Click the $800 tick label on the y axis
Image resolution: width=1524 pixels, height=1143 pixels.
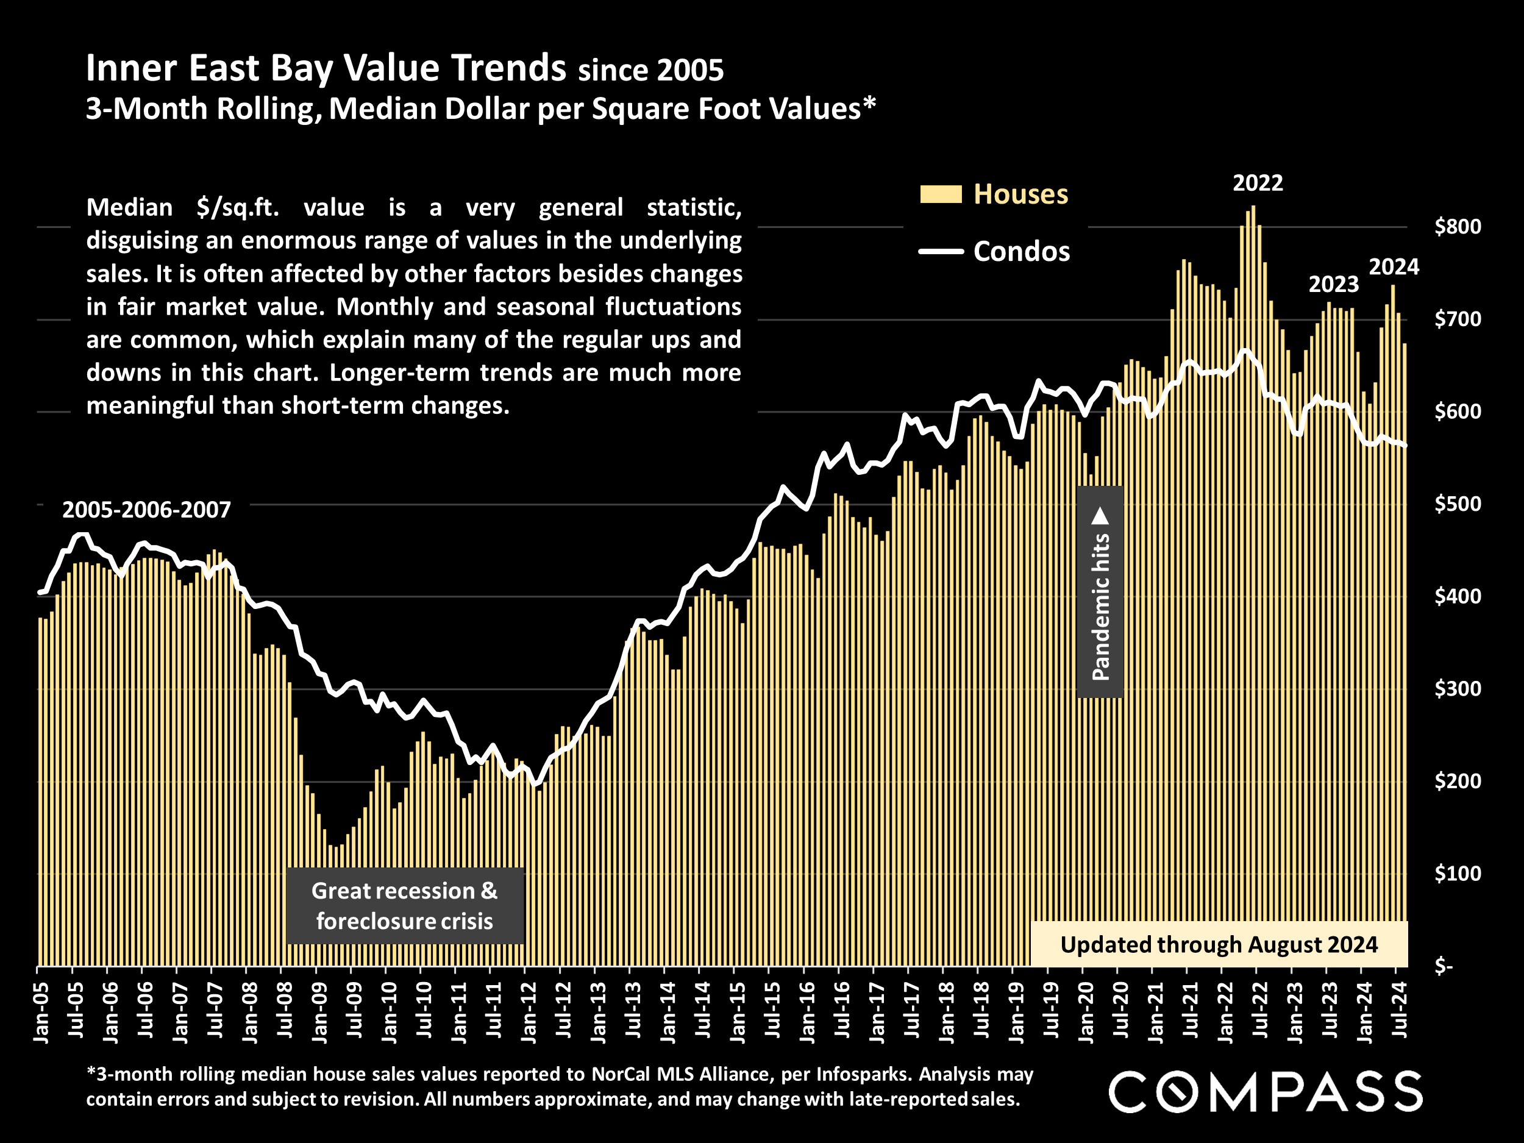(1457, 227)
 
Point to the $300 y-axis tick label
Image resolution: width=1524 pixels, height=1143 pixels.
(1457, 688)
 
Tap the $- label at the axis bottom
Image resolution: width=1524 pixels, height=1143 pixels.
(1444, 966)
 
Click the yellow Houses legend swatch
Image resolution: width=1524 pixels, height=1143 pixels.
(941, 194)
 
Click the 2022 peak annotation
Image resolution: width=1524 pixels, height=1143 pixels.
(1258, 183)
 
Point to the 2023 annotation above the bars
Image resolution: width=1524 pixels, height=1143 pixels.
(1333, 284)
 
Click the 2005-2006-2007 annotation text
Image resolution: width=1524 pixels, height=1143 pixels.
(146, 510)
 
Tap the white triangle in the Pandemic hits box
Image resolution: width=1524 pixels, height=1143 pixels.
(1101, 516)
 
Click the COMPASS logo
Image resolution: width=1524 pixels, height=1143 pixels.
(1265, 1091)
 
